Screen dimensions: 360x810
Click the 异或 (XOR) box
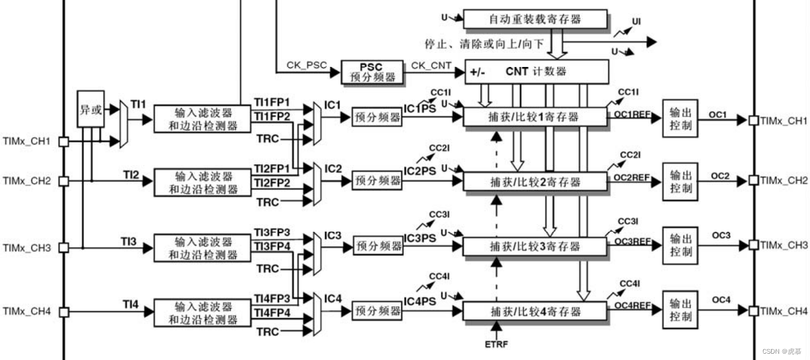click(90, 109)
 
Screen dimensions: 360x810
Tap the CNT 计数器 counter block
click(536, 72)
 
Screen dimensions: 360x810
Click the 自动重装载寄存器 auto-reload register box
click(535, 19)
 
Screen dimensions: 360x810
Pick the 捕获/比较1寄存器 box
click(535, 117)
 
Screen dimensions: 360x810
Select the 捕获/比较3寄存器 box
click(535, 247)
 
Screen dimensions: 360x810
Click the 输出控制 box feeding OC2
click(681, 181)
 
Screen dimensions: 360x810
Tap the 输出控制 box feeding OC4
click(681, 310)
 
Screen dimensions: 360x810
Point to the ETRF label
click(496, 345)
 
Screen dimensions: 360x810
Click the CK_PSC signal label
click(307, 65)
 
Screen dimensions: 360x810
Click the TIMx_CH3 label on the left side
click(27, 248)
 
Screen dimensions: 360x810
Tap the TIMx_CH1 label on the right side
click(784, 121)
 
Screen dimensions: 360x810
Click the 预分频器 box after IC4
click(377, 311)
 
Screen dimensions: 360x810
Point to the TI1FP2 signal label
click(272, 116)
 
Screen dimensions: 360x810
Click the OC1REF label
click(633, 114)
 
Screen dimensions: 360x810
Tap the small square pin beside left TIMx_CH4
click(64, 312)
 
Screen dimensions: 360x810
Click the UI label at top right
click(636, 22)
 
